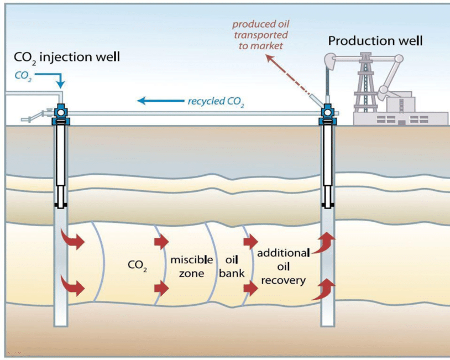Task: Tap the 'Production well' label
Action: click(375, 40)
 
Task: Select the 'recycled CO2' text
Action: click(216, 101)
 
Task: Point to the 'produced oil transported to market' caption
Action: click(260, 34)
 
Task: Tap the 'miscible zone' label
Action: click(187, 267)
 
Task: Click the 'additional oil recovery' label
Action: click(283, 267)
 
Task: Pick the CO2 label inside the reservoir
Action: click(137, 265)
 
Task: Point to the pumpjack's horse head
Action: click(331, 58)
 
